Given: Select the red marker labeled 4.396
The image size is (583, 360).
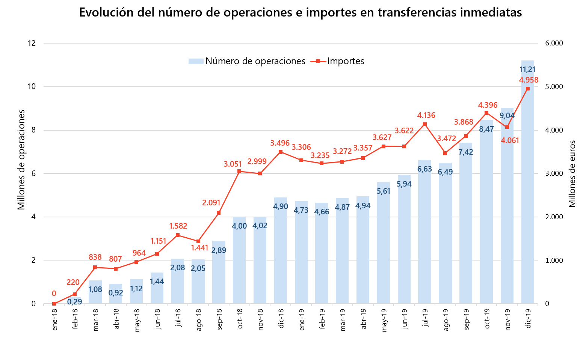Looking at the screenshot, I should click(x=486, y=113).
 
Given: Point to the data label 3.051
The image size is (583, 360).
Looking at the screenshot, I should click(x=233, y=164).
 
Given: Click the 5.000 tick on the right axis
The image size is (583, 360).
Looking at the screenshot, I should click(x=554, y=87).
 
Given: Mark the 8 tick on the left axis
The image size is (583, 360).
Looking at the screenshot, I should click(x=33, y=130).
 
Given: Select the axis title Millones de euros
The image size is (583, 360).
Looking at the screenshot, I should click(x=572, y=173).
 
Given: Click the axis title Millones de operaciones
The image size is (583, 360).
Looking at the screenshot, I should click(x=22, y=160).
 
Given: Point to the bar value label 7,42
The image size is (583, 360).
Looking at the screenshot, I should click(x=466, y=152).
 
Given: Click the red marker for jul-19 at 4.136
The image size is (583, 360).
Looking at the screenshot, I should click(x=425, y=124).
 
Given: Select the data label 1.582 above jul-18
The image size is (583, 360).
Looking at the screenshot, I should click(x=178, y=226).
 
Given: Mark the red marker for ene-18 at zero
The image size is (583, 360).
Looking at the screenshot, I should click(x=54, y=303).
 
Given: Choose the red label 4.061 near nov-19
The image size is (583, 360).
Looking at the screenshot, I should click(x=510, y=141).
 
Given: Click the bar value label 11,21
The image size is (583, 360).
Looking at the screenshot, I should click(x=527, y=69).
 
